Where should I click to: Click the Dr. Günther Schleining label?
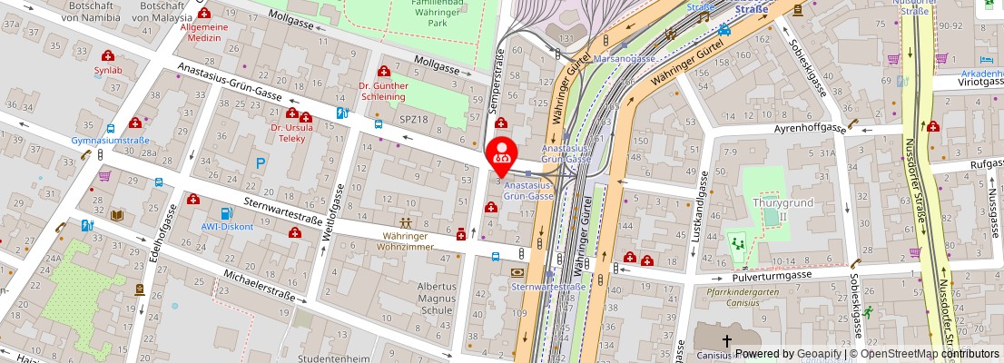383,91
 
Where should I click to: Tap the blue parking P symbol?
261,163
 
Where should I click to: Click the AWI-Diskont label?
227,226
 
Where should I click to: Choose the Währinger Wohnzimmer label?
405,240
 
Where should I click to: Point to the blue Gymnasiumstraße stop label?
111,141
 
